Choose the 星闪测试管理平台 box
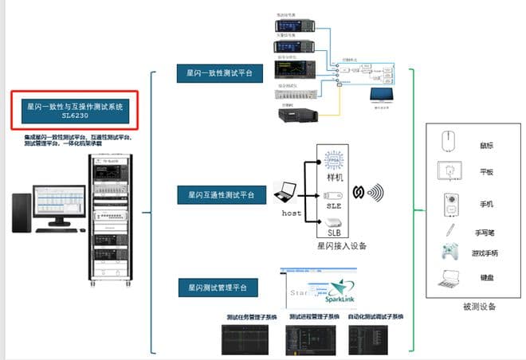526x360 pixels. (x=218, y=286)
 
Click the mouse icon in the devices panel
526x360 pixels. (x=448, y=142)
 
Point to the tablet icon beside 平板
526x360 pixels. (x=449, y=170)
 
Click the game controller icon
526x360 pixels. (x=449, y=254)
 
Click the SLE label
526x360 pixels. (x=334, y=206)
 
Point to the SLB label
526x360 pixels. (x=334, y=233)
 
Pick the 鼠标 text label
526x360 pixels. (x=485, y=144)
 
